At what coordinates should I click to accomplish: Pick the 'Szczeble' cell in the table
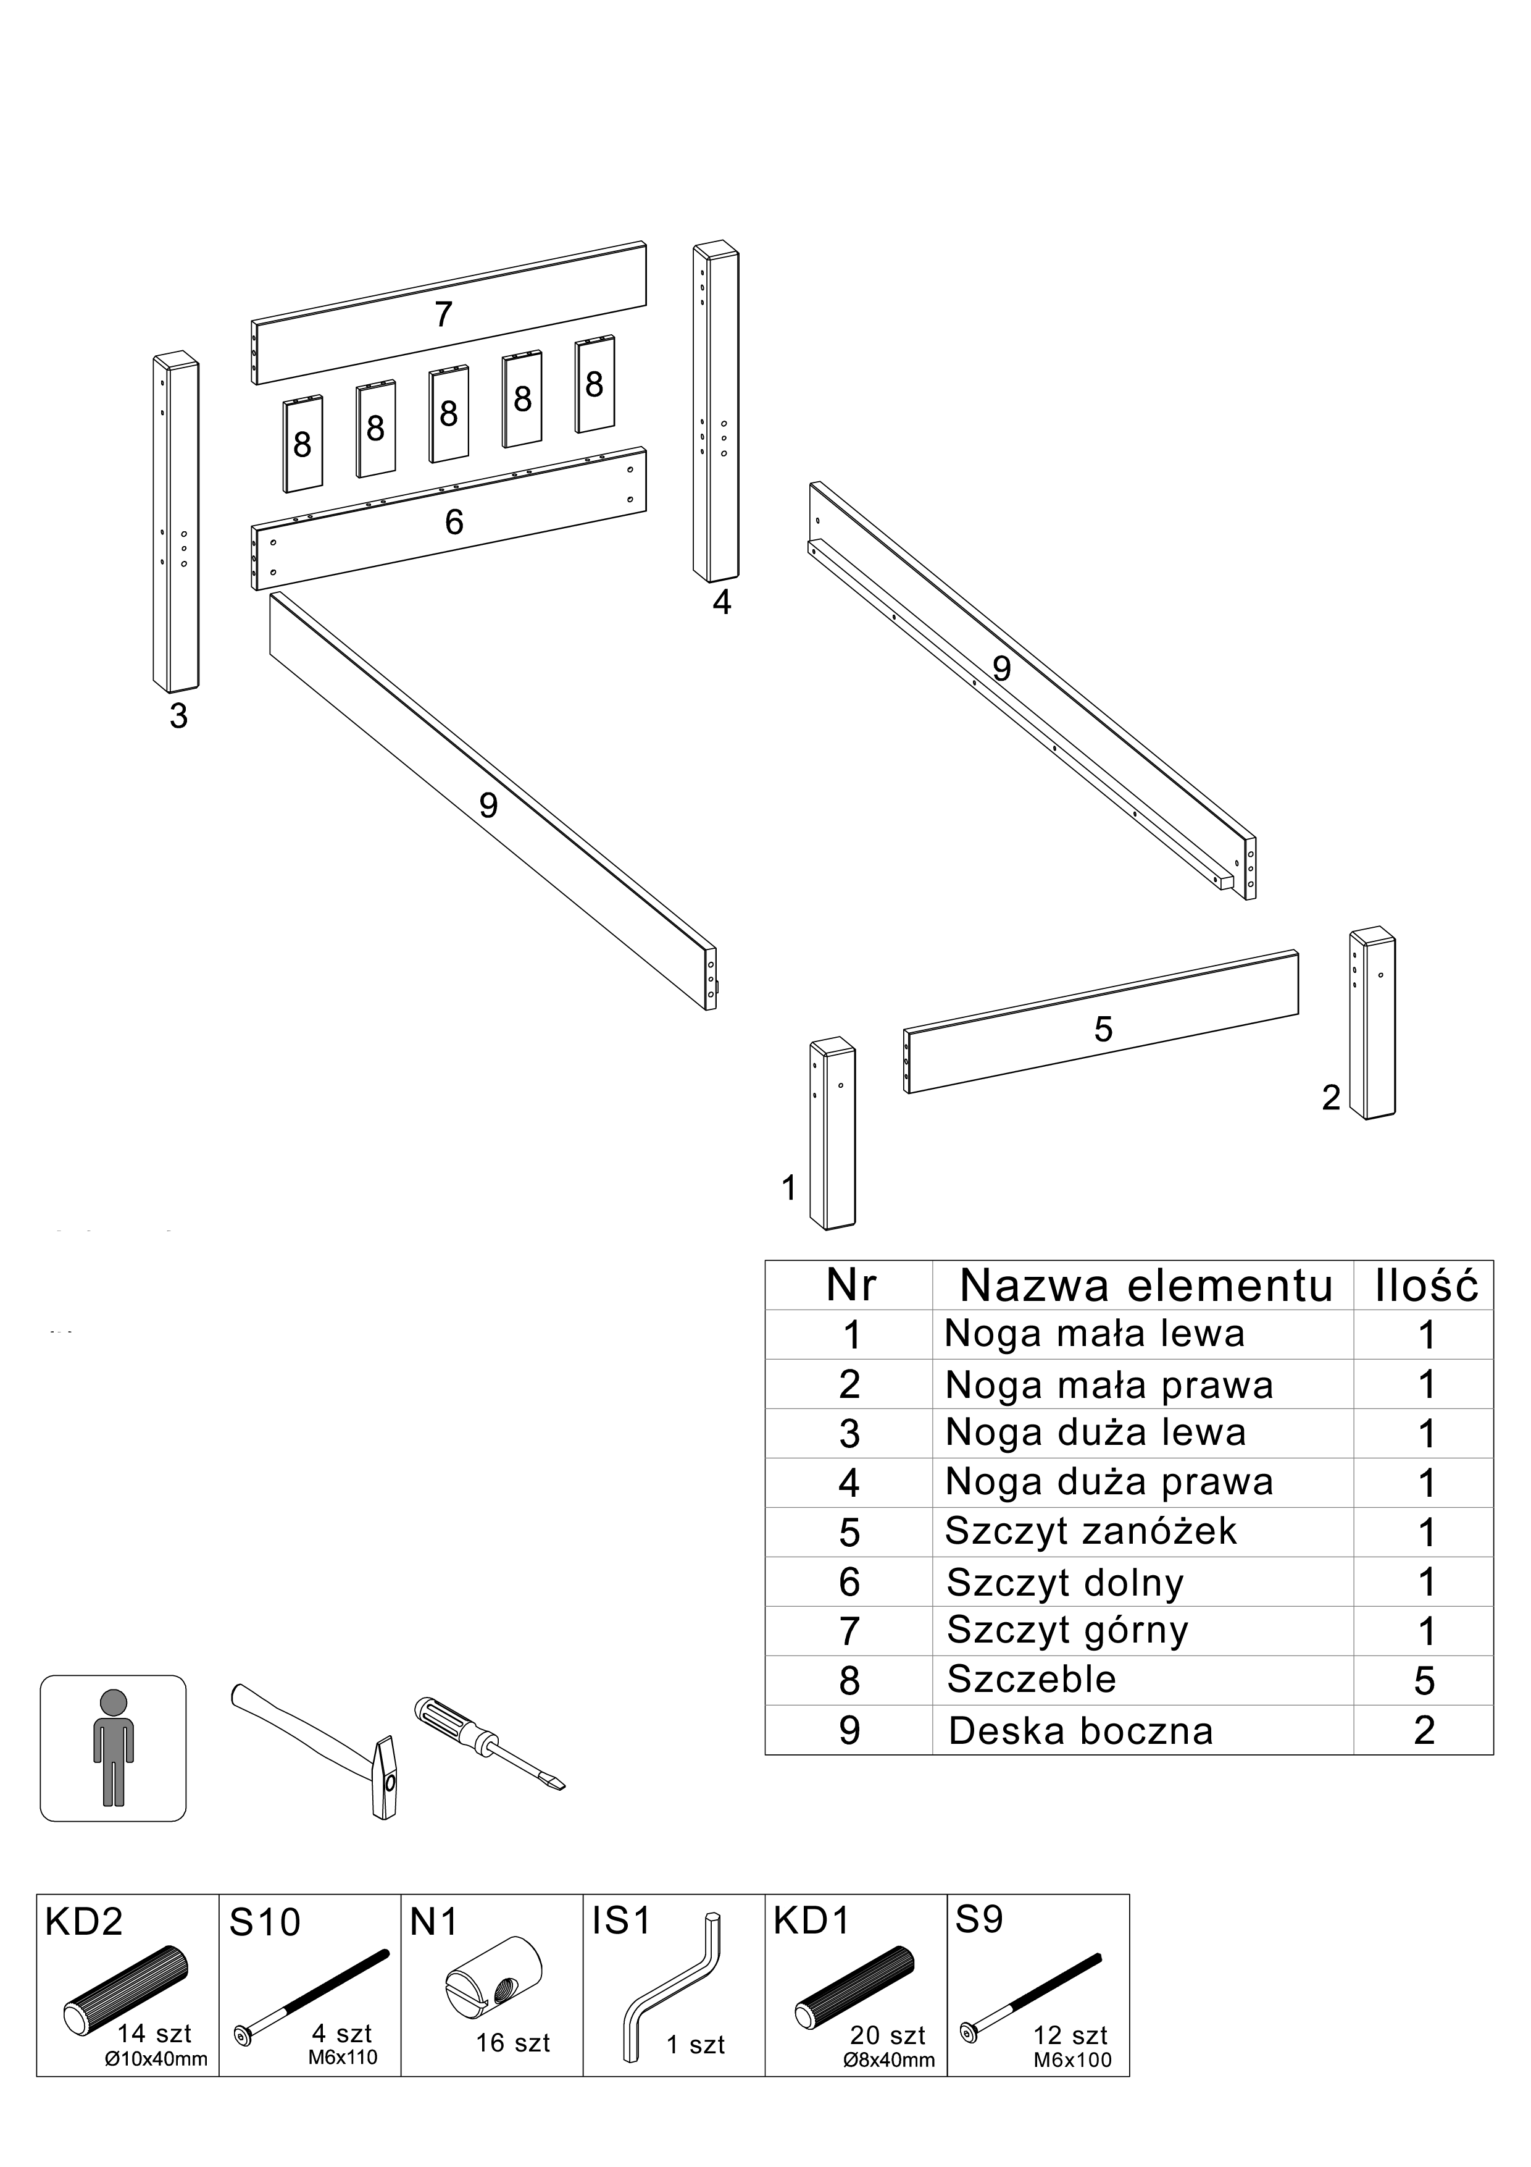coord(1031,1679)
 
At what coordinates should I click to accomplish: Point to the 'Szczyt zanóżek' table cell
coord(1090,1531)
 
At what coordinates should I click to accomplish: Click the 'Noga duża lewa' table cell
coord(1095,1433)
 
